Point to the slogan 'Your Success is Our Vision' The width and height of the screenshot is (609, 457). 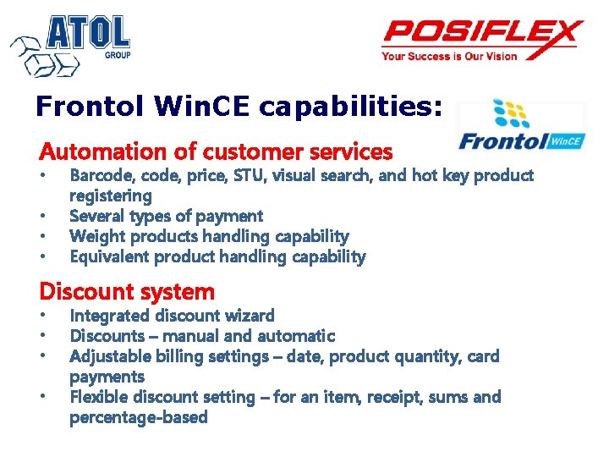point(448,58)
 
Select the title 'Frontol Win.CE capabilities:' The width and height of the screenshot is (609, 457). point(239,107)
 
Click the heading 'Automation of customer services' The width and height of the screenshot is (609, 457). point(216,152)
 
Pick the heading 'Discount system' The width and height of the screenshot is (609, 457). point(127,292)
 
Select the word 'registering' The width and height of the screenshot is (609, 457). point(111,196)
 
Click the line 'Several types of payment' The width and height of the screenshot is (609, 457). point(166,217)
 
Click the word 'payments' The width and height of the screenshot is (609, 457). point(107,377)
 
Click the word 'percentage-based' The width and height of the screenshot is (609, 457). point(139,418)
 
